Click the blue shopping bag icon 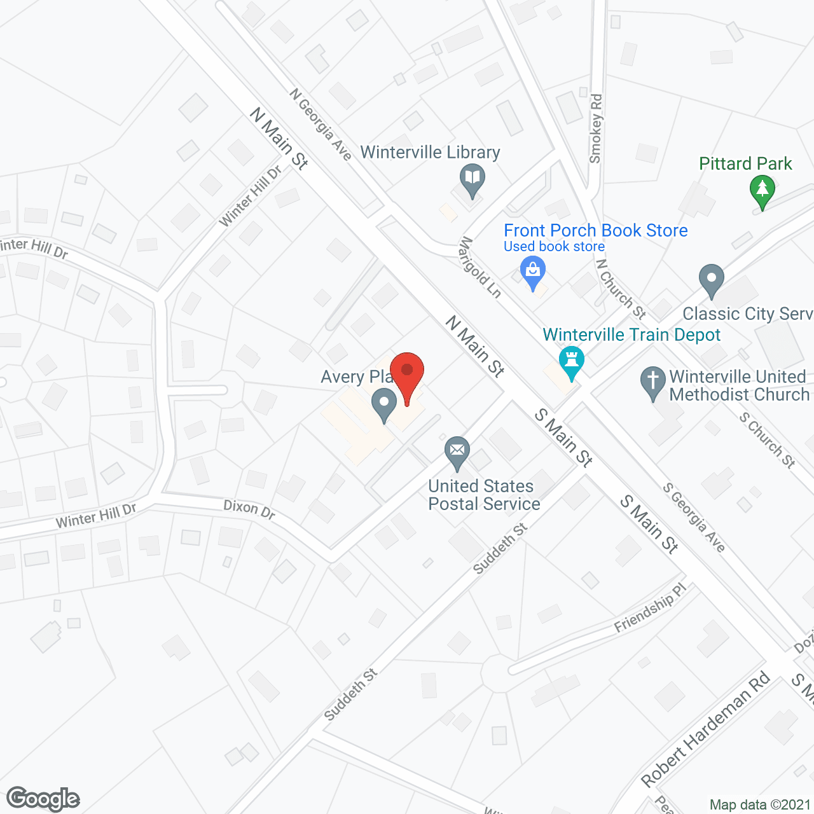(533, 272)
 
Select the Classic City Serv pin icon (711, 280)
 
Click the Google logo (43, 799)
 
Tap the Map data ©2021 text (760, 804)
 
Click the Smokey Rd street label (595, 128)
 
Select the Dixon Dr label (249, 509)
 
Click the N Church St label (621, 288)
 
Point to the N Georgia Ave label (321, 124)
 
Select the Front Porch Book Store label (595, 230)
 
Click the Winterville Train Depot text (631, 335)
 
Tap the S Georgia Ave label (694, 517)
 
